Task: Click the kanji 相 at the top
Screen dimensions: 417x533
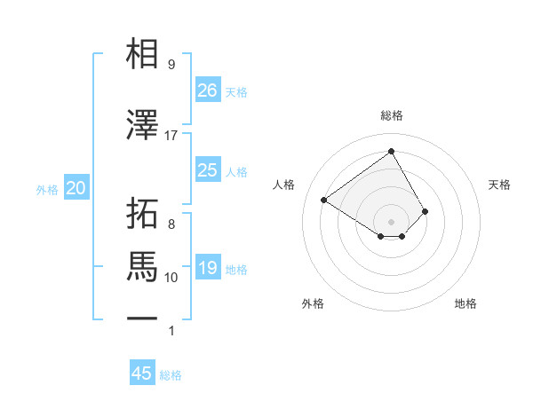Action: pos(143,55)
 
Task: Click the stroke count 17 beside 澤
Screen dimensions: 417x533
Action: pos(171,136)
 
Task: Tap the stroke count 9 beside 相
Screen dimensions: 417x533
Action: pos(171,65)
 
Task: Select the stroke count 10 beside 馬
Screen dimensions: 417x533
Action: pos(171,278)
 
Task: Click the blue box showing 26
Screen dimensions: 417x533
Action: pos(208,90)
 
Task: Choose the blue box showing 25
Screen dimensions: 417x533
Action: pos(208,170)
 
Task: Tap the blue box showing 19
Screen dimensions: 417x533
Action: pos(208,268)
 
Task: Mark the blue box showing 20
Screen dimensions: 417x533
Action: pos(76,188)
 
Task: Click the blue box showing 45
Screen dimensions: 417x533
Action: pos(142,374)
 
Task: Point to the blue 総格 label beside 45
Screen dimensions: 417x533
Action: pos(171,375)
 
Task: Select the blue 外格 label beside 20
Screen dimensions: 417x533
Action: pos(47,190)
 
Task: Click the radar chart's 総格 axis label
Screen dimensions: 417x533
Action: pos(391,115)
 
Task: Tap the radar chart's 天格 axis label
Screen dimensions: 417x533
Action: pos(499,185)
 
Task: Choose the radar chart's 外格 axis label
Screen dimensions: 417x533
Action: pos(313,303)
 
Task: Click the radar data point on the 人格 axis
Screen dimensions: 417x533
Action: pos(324,201)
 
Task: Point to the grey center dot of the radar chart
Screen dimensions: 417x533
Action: pos(391,221)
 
